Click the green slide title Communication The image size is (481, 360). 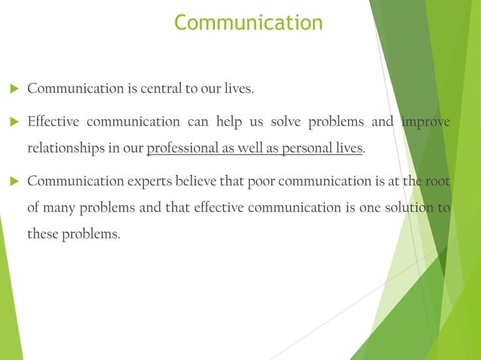pos(248,23)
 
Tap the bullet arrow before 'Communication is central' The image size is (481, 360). pos(13,90)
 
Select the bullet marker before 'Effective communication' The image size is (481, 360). pos(13,122)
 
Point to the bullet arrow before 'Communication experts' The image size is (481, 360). pos(13,182)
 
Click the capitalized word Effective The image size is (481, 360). pos(51,122)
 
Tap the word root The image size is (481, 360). pos(437,182)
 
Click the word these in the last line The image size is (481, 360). pos(44,235)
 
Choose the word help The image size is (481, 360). pos(231,122)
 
